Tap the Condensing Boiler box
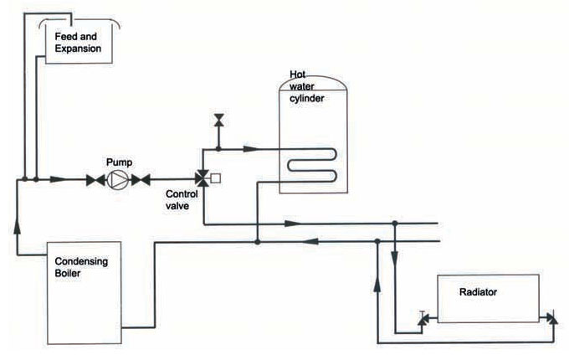[x=83, y=292]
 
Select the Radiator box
[x=483, y=298]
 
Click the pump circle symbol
[x=118, y=178]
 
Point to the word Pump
[x=118, y=161]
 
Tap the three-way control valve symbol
[x=202, y=177]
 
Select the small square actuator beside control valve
[x=216, y=177]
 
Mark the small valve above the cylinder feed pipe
[x=218, y=121]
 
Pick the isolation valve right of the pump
[x=143, y=178]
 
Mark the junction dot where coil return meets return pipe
[x=258, y=242]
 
